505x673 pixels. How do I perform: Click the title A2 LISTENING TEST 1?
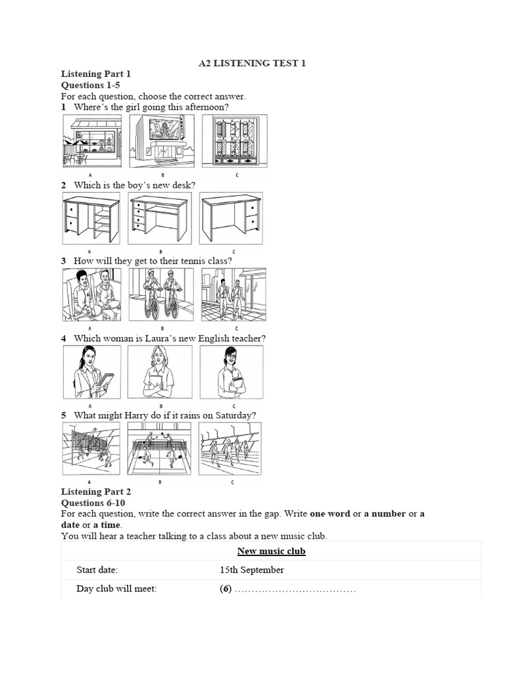(252, 63)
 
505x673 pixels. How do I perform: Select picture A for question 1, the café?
(92, 142)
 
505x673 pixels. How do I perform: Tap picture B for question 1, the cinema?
(162, 142)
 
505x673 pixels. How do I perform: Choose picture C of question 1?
(233, 142)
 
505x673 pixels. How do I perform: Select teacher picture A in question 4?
(91, 372)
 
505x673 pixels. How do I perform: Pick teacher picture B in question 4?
(160, 372)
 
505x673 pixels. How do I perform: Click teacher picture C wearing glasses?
(231, 372)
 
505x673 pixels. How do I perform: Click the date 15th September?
(252, 570)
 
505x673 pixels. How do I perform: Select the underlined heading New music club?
(272, 551)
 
